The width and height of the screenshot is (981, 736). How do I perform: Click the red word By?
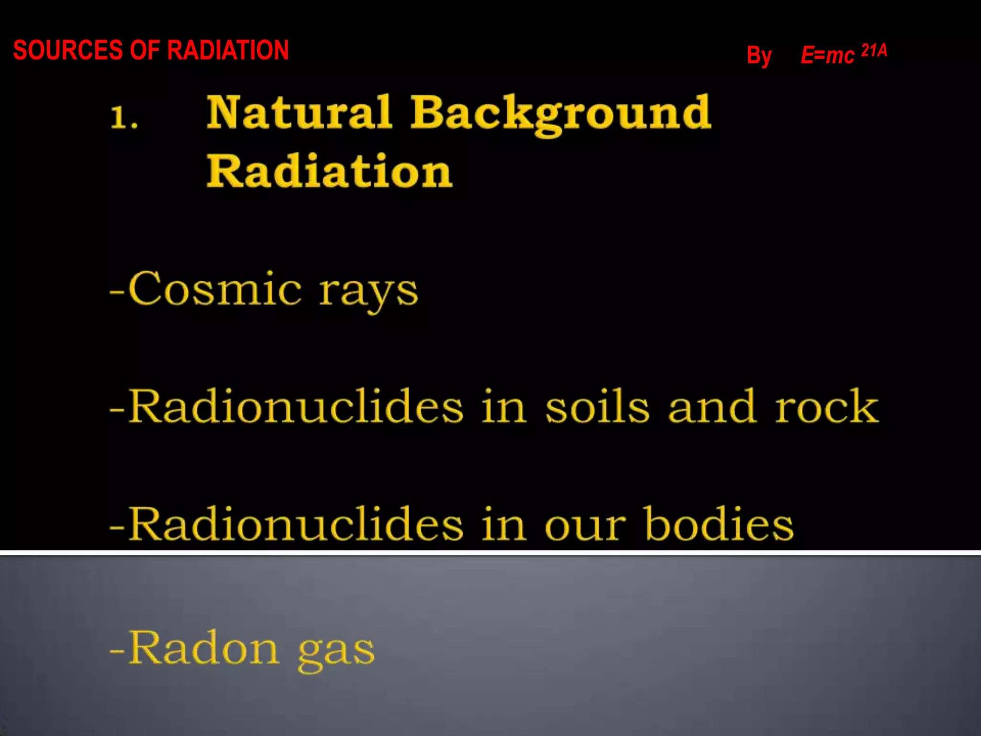(x=759, y=56)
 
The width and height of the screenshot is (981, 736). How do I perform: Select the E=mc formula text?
(x=827, y=55)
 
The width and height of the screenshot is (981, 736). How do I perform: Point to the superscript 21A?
(x=874, y=50)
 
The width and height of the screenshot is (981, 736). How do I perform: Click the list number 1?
(x=124, y=118)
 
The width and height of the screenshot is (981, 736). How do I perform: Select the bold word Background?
(x=560, y=114)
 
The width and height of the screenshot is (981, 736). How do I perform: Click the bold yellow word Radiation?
(x=329, y=171)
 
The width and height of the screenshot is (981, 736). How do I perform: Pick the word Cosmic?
(x=215, y=289)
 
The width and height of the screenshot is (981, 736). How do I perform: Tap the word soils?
(x=597, y=407)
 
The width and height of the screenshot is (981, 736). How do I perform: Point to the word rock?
(x=827, y=407)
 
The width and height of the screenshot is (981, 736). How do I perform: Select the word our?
(x=585, y=526)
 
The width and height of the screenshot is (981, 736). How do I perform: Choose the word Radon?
(x=204, y=648)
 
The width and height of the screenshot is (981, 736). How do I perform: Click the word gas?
(x=336, y=652)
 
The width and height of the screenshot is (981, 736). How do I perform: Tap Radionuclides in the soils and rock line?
(x=296, y=407)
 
